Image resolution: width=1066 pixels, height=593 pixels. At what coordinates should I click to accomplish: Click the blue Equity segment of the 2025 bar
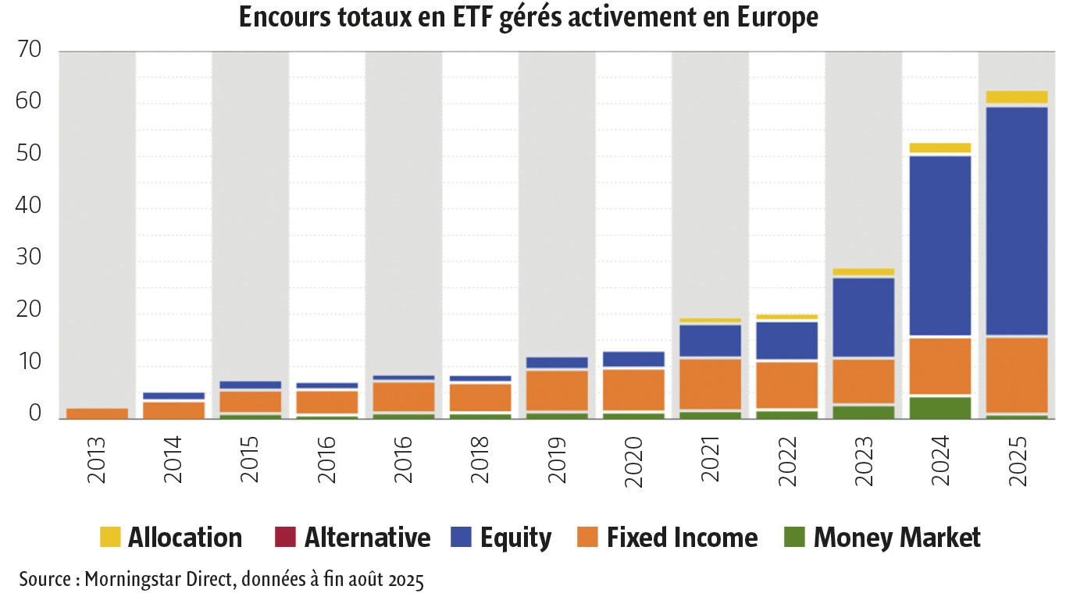[1016, 221]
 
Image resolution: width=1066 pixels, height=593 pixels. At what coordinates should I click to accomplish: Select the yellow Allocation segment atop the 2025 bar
[1016, 98]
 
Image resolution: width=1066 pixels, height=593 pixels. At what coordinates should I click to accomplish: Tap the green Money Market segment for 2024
[939, 407]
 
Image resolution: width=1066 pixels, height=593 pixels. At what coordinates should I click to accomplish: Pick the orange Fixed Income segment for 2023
[863, 381]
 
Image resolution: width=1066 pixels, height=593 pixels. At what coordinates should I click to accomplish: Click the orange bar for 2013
[97, 414]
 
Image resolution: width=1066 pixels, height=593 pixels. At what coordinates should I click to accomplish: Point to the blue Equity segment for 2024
[939, 246]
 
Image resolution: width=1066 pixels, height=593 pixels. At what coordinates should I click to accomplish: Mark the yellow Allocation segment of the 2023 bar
[863, 272]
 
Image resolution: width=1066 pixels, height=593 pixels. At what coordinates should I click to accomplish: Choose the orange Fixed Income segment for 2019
[556, 390]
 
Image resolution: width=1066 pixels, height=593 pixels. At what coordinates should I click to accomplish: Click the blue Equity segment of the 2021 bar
[709, 340]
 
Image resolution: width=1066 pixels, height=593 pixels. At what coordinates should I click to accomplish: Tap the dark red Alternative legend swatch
[286, 538]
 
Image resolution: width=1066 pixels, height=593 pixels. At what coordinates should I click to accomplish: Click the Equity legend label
[515, 538]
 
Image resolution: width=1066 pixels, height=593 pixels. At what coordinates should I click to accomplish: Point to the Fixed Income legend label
[682, 538]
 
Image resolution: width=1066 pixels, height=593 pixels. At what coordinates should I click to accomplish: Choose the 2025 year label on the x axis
[1016, 462]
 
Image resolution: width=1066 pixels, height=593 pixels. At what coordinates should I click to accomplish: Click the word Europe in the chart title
[777, 18]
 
